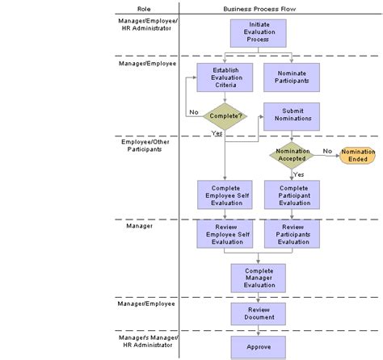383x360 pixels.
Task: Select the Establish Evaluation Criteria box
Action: [x=225, y=77]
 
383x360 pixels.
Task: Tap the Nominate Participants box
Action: [x=292, y=77]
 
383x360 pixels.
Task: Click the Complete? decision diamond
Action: [x=225, y=115]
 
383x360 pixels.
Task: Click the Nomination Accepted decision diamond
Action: [x=292, y=154]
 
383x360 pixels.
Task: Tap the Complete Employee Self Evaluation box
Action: [x=225, y=195]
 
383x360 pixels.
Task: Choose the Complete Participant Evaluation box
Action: [x=292, y=195]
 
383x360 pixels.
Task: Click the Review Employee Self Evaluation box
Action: [x=225, y=234]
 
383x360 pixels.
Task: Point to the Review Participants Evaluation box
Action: [x=292, y=234]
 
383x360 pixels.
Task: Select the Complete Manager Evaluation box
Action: [x=258, y=278]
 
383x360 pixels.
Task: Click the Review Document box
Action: [x=258, y=313]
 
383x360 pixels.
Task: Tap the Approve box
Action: [x=258, y=347]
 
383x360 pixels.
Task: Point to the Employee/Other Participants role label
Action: [x=145, y=144]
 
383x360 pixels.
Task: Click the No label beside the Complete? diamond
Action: [x=194, y=112]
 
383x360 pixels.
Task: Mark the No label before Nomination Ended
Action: [x=327, y=150]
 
